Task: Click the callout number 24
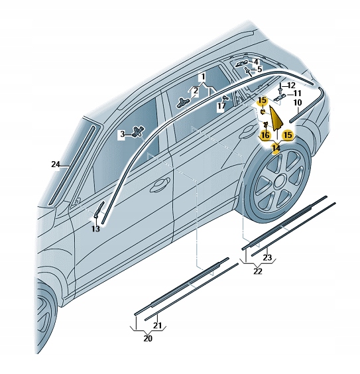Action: click(x=55, y=163)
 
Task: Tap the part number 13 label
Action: click(x=95, y=228)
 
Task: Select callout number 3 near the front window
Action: click(x=122, y=135)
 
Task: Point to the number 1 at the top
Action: click(x=203, y=77)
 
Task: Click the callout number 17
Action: click(x=221, y=105)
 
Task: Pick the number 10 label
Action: click(x=298, y=103)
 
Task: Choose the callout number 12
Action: click(x=292, y=85)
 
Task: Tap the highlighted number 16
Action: click(x=265, y=135)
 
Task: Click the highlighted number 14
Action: click(x=276, y=148)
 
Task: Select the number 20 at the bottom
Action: click(x=147, y=338)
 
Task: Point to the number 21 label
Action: click(x=158, y=325)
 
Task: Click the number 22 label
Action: click(x=257, y=271)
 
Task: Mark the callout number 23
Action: click(x=267, y=257)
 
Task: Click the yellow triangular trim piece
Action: click(x=274, y=120)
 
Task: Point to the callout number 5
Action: click(x=259, y=69)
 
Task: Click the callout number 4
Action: click(x=256, y=61)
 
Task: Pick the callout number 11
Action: click(x=298, y=93)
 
